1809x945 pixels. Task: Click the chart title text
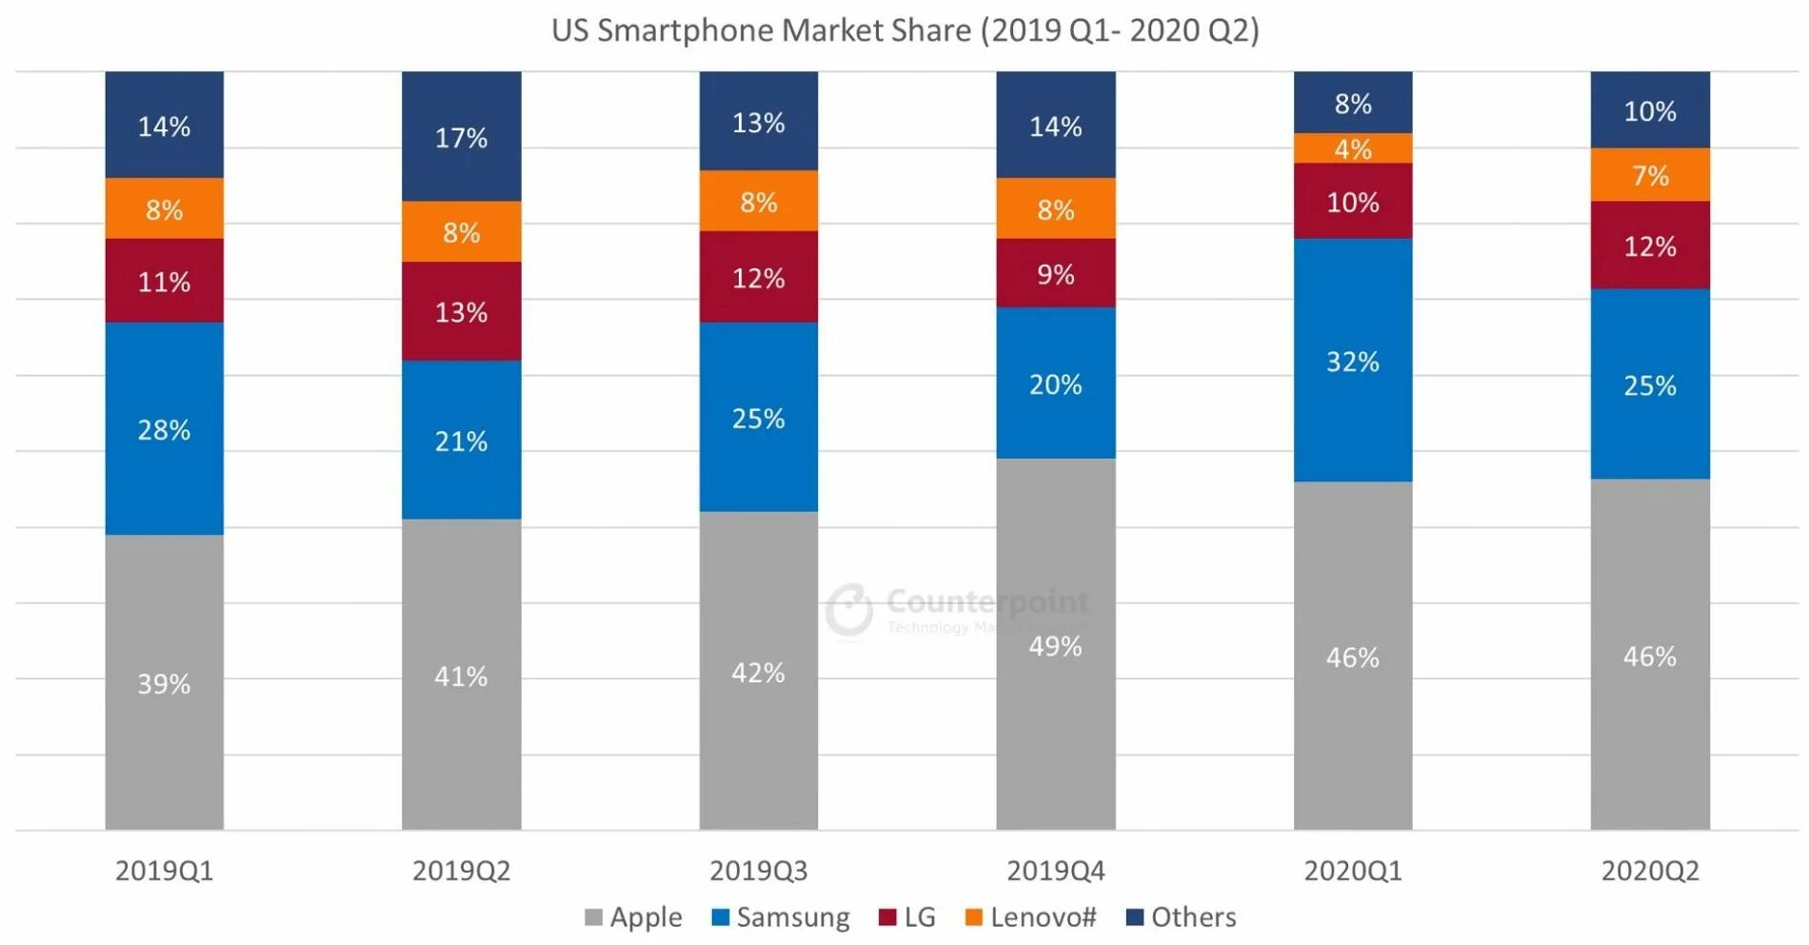pos(904,30)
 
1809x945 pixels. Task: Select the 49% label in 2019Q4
pos(1055,647)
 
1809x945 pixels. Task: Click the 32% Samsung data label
pos(1352,362)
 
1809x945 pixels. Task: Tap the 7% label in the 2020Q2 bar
pos(1650,176)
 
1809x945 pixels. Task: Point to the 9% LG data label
pos(1055,275)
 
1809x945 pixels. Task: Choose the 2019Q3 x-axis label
pos(758,871)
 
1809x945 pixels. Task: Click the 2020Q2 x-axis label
pos(1650,871)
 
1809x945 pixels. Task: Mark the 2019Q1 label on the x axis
pos(164,871)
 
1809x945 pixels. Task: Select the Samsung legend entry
pos(781,917)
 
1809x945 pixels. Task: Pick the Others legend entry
pos(1182,917)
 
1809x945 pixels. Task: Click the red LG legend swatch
pos(887,917)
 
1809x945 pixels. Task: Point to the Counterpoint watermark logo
pos(849,610)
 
